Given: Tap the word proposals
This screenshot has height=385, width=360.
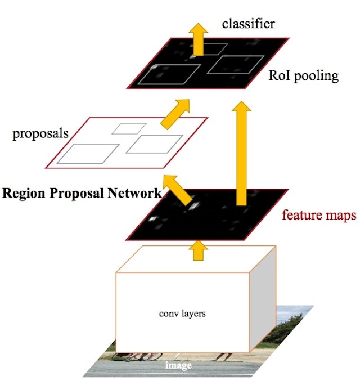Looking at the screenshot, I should point(40,133).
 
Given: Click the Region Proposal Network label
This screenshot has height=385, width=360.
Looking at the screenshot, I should point(82,193).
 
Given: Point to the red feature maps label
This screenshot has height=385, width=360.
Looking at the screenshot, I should point(318,216).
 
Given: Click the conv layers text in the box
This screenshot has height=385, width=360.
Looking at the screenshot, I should point(182,313).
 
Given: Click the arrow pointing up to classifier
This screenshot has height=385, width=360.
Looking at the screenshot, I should point(197,38).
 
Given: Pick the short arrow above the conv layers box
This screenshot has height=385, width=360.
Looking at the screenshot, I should point(197,250).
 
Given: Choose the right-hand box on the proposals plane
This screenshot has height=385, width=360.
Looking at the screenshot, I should point(154,144).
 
